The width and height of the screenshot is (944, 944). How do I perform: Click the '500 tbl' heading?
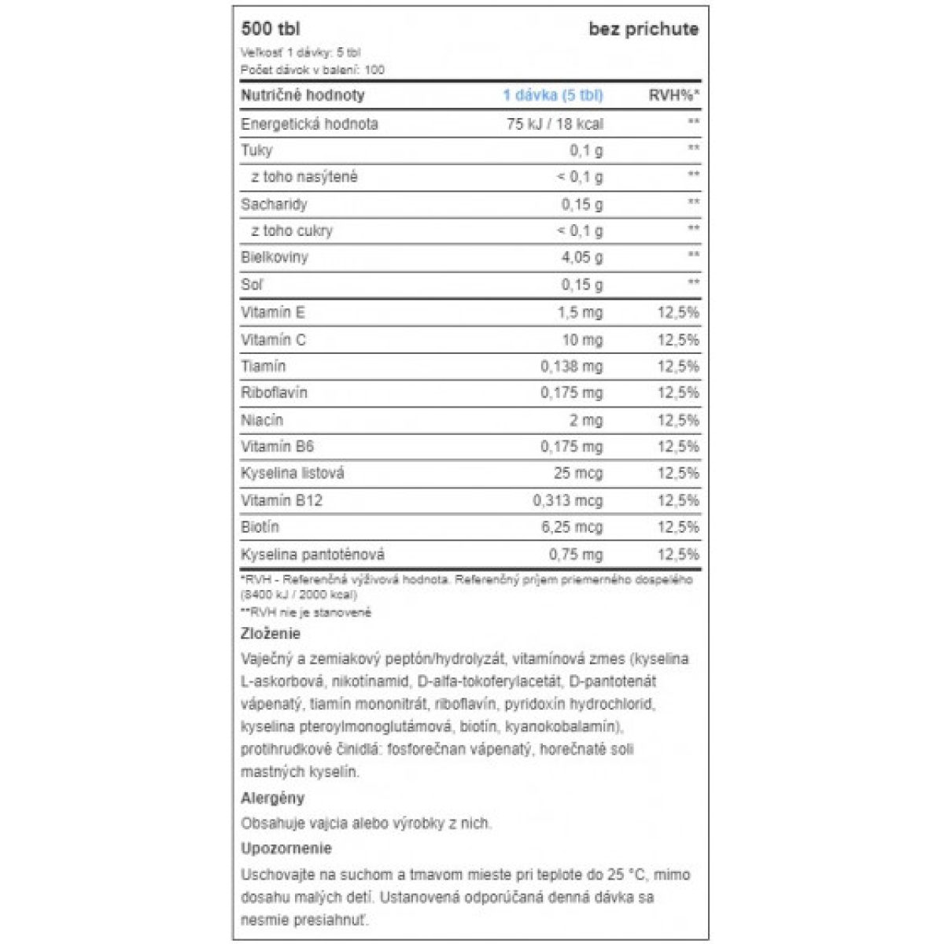(x=270, y=29)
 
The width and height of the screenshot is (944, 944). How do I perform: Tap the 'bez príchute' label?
(x=643, y=29)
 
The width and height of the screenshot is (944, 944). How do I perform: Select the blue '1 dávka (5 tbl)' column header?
(x=552, y=95)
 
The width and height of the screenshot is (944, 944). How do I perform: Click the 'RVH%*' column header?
(x=673, y=95)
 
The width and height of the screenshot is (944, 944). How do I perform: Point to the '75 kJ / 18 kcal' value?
(x=555, y=124)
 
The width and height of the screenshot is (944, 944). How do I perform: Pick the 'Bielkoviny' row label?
(x=274, y=257)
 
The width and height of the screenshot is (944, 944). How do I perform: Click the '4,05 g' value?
(x=581, y=257)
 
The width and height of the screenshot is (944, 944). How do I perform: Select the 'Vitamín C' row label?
(x=273, y=340)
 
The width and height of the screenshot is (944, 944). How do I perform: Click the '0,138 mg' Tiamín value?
(x=571, y=367)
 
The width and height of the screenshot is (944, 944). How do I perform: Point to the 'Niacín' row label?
(x=261, y=420)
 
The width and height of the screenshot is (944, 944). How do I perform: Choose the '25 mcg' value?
(x=577, y=473)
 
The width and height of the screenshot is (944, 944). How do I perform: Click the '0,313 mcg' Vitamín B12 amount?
(x=567, y=500)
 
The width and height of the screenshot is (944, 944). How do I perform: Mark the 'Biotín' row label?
(x=260, y=526)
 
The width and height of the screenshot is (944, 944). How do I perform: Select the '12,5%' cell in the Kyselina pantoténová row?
(x=677, y=555)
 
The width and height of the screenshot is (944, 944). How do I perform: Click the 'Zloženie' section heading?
(x=270, y=633)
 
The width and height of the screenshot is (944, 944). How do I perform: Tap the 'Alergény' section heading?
(x=272, y=798)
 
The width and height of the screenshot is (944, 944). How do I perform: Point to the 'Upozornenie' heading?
(x=286, y=848)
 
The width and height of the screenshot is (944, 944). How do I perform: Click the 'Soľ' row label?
(x=252, y=284)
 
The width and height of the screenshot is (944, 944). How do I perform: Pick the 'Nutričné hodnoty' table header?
(x=302, y=95)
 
